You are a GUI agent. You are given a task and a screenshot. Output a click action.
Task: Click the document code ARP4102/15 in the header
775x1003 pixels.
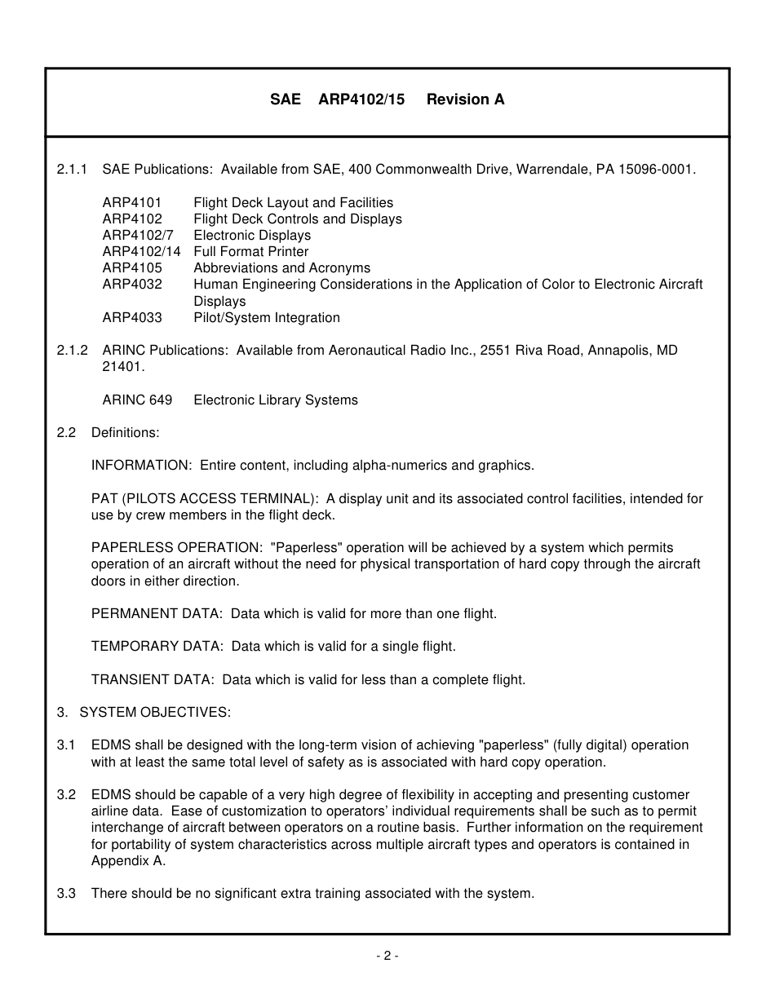point(361,99)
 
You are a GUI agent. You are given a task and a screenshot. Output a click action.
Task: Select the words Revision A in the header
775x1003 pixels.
point(465,99)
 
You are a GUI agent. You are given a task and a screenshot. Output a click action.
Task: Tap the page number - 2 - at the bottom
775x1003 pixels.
point(387,956)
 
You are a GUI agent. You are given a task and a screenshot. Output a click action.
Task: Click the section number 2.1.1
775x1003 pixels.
point(73,170)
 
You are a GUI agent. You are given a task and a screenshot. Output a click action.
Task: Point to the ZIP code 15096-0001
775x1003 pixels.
point(658,170)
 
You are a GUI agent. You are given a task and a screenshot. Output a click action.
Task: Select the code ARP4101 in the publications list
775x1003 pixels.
point(132,202)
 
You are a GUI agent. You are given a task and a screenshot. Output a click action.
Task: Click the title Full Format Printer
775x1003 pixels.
point(250,252)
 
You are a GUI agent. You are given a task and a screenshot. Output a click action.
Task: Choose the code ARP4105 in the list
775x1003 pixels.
point(132,268)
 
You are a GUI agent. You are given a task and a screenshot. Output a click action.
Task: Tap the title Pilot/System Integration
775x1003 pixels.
point(267,317)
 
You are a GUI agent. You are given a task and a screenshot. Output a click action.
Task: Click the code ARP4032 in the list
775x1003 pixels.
point(132,285)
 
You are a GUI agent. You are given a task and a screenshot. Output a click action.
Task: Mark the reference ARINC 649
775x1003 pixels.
point(137,400)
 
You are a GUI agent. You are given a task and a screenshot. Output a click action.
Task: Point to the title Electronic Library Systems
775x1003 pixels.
point(276,400)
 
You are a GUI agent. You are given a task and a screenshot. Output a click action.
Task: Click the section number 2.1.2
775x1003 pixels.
point(73,350)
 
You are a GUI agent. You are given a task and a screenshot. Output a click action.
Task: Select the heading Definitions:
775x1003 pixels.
point(125,432)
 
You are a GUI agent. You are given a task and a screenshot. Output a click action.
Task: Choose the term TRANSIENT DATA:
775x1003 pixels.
point(153,679)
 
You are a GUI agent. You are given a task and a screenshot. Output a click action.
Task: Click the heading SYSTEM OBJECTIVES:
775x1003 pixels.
point(155,712)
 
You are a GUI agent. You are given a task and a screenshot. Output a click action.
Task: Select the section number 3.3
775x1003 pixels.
point(66,893)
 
